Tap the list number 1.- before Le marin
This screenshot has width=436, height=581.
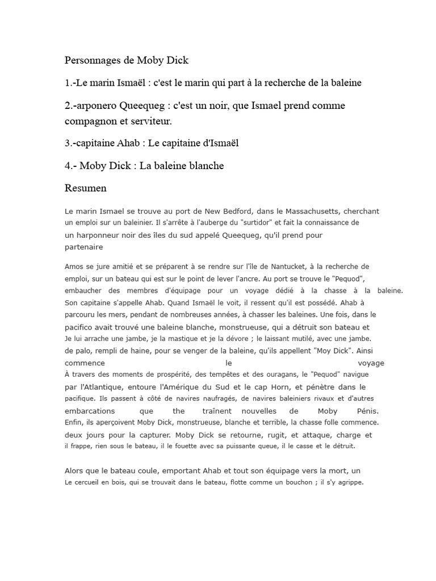click(70, 83)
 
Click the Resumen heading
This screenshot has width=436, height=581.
click(86, 188)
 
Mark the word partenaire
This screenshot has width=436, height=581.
click(84, 247)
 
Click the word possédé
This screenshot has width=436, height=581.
click(324, 302)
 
